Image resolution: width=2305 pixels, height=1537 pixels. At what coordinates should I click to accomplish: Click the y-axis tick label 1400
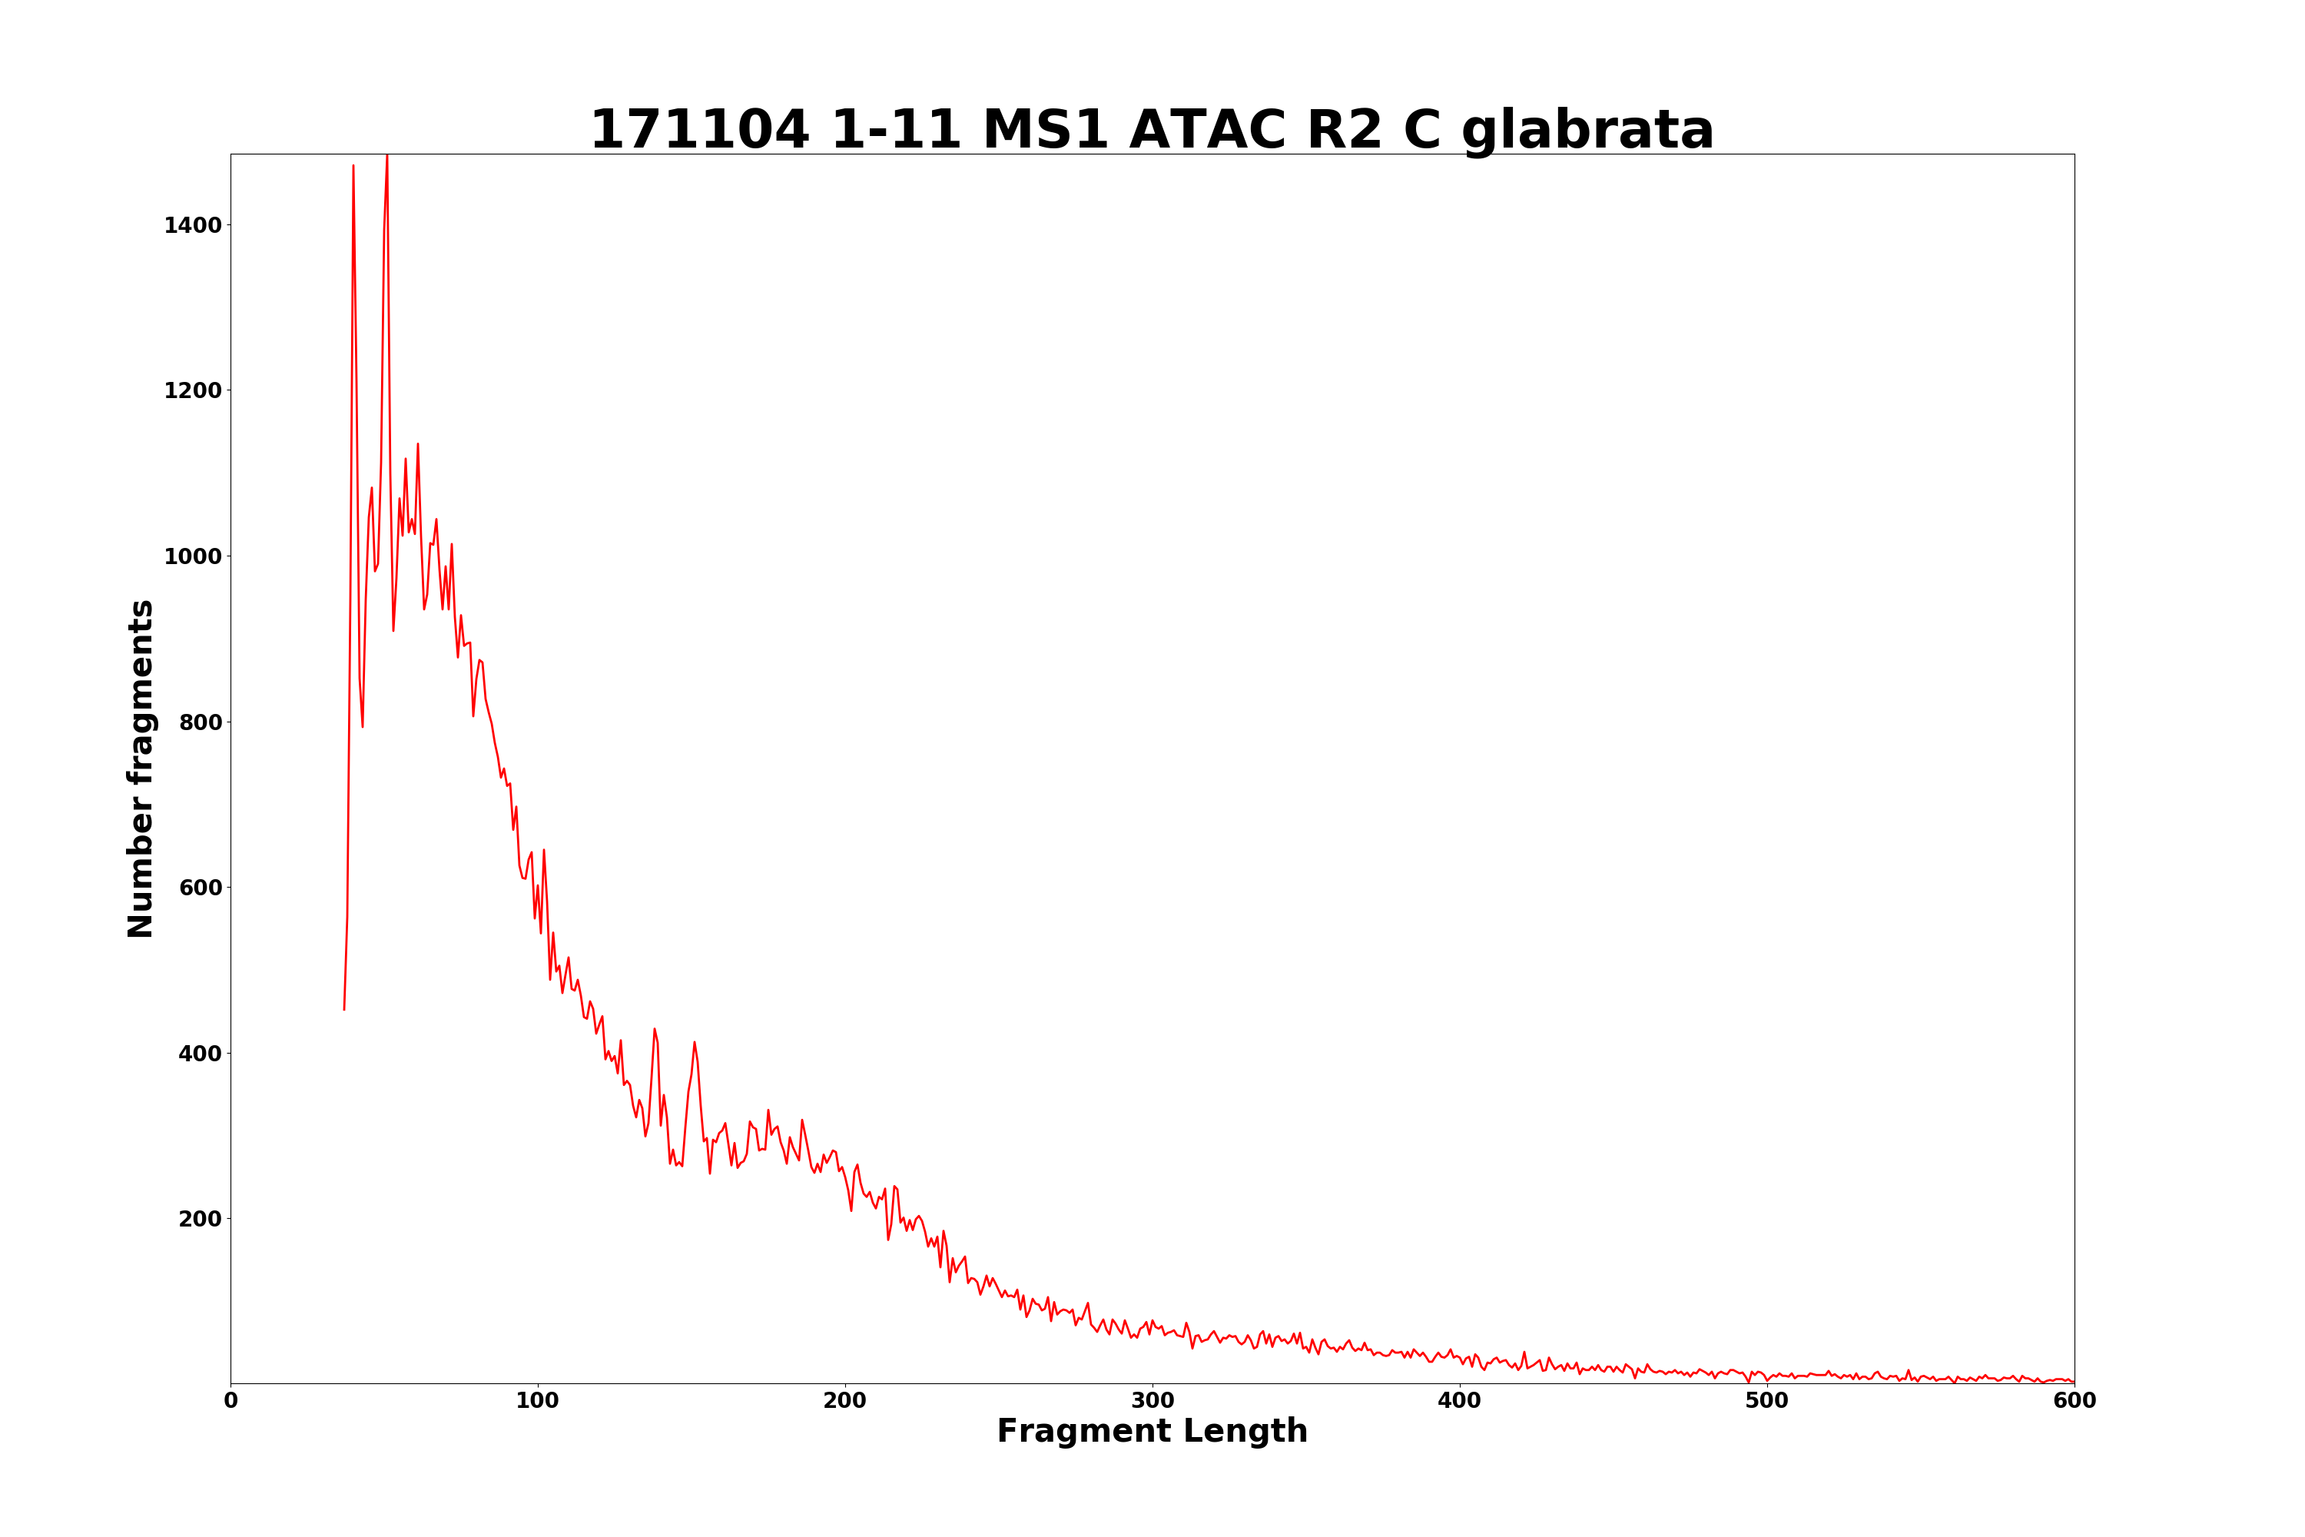(x=192, y=225)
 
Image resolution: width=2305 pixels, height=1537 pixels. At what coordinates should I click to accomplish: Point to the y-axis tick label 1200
(x=192, y=391)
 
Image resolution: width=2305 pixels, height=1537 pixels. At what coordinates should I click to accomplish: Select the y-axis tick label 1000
(x=192, y=556)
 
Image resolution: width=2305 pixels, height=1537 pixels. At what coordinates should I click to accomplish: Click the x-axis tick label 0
(x=231, y=1402)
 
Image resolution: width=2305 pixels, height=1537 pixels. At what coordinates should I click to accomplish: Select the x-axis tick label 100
(x=538, y=1402)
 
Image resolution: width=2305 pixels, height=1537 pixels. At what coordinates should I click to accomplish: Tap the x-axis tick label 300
(x=1152, y=1402)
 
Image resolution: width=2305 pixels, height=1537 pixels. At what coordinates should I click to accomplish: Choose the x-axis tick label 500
(x=1767, y=1402)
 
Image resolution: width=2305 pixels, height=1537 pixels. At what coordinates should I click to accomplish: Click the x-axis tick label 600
(x=2074, y=1402)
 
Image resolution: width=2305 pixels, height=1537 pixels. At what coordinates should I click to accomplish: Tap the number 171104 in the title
(x=700, y=131)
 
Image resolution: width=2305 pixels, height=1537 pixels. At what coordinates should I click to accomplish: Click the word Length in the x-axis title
(x=1245, y=1432)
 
